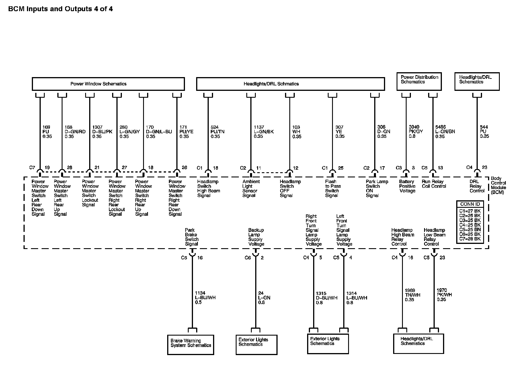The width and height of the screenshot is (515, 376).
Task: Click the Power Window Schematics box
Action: tap(108, 84)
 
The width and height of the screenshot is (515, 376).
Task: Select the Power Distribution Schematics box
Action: tap(419, 81)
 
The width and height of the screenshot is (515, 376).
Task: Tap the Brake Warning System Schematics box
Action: tap(191, 344)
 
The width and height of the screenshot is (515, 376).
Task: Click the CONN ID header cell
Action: tap(470, 204)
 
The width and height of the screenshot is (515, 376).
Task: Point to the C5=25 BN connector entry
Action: tap(470, 230)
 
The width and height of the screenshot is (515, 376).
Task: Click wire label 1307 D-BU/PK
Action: tap(102, 132)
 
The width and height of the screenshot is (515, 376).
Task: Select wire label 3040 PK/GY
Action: tap(416, 132)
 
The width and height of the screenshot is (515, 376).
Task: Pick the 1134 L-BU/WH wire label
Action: tap(205, 298)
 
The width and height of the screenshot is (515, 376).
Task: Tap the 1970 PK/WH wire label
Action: tap(444, 295)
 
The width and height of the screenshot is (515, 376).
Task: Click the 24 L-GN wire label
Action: tap(264, 298)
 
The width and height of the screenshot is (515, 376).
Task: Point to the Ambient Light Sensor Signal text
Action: tap(251, 189)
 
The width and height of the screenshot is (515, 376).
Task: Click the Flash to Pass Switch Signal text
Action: tap(332, 189)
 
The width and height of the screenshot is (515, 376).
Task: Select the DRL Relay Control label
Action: tap(477, 186)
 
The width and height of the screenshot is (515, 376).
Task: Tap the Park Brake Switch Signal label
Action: tap(192, 237)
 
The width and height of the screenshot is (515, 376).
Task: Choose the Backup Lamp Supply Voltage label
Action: tap(256, 237)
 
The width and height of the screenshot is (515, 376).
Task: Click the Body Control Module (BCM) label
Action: tap(498, 185)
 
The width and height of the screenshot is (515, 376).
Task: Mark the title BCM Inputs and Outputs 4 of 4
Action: tap(61, 9)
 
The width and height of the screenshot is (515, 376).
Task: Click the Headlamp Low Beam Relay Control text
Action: tap(434, 237)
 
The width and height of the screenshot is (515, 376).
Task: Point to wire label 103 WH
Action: tap(297, 132)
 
